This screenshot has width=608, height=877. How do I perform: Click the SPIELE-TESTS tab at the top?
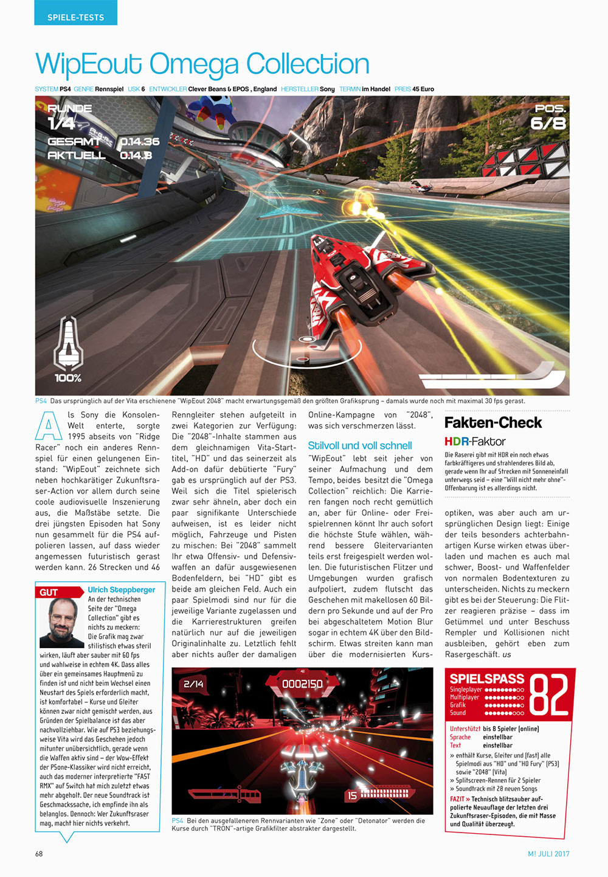point(75,17)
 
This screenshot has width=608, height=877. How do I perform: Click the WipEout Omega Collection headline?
point(202,64)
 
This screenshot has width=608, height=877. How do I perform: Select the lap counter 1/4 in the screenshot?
point(61,124)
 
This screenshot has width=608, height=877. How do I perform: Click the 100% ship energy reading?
point(68,378)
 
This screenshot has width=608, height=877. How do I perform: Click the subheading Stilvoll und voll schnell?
point(360,445)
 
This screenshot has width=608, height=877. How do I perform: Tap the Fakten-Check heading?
point(493,422)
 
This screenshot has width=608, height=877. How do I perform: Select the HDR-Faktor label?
point(475,441)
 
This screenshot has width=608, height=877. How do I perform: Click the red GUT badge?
point(50,592)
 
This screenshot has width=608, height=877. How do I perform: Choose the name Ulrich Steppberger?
point(122,590)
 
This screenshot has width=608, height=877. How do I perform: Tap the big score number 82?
point(548,695)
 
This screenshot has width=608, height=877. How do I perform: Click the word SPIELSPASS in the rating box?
point(486,679)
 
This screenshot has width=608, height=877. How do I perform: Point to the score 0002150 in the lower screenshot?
point(302,684)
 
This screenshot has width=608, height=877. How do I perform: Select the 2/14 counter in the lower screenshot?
point(193,684)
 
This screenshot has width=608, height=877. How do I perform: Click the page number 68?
point(39,853)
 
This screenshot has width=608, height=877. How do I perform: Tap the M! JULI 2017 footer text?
point(548,853)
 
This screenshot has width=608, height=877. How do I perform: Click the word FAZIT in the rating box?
point(457,799)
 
